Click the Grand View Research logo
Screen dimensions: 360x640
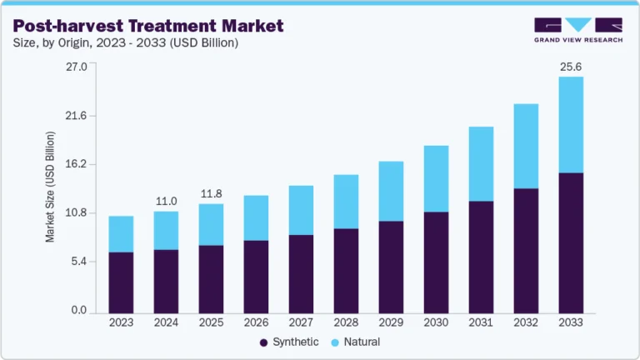(x=577, y=29)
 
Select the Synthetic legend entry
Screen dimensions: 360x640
(x=289, y=342)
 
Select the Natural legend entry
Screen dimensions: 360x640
(x=357, y=342)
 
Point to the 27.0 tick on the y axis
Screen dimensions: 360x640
(x=77, y=67)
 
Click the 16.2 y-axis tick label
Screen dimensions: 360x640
(x=77, y=165)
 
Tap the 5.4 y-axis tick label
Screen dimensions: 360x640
(x=78, y=262)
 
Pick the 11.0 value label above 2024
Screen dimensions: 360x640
(x=166, y=201)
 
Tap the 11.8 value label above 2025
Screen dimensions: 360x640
(x=211, y=194)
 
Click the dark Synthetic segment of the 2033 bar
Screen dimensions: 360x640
(x=570, y=242)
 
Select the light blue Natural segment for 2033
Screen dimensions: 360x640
(x=570, y=125)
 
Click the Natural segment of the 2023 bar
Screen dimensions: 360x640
(x=121, y=234)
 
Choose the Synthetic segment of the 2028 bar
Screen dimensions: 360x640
(x=346, y=270)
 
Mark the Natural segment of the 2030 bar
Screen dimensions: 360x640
(x=436, y=179)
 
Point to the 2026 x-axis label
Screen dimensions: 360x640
(x=256, y=322)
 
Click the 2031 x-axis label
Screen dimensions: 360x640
(x=481, y=322)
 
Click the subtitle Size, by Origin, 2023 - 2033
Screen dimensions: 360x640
(x=125, y=44)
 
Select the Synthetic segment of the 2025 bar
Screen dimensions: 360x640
(x=211, y=278)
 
